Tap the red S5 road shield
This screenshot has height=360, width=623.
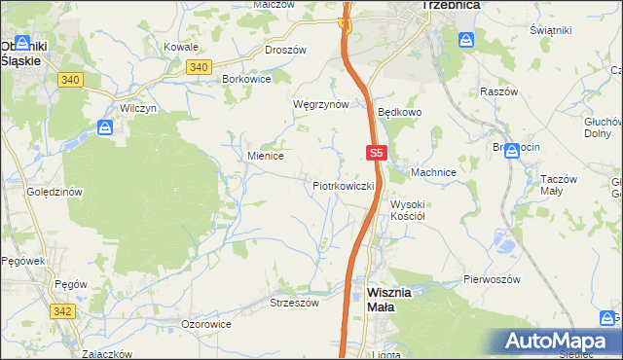378,153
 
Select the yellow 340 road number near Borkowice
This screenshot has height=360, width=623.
198,66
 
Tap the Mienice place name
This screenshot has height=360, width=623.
265,155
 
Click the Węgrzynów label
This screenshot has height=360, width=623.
320,104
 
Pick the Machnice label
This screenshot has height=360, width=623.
433,172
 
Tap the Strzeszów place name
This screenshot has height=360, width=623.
294,303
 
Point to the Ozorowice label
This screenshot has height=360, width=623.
206,323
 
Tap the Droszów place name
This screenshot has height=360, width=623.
285,50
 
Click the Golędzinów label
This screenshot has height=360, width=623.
54,192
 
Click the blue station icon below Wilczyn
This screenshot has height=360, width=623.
106,126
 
